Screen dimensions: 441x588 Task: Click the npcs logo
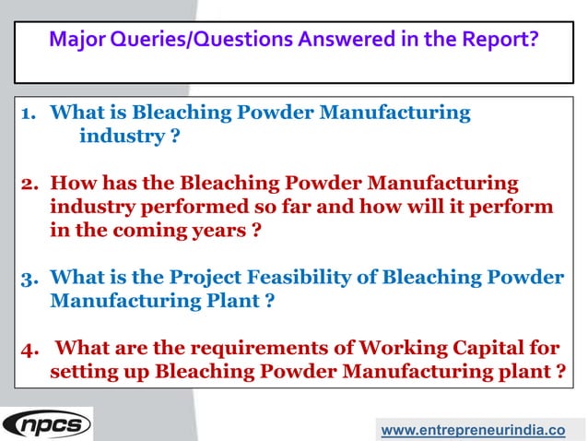tap(47, 423)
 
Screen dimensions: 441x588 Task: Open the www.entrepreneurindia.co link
tap(473, 429)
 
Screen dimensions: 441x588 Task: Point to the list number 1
tap(28, 113)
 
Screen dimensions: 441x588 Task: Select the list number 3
tap(28, 277)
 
